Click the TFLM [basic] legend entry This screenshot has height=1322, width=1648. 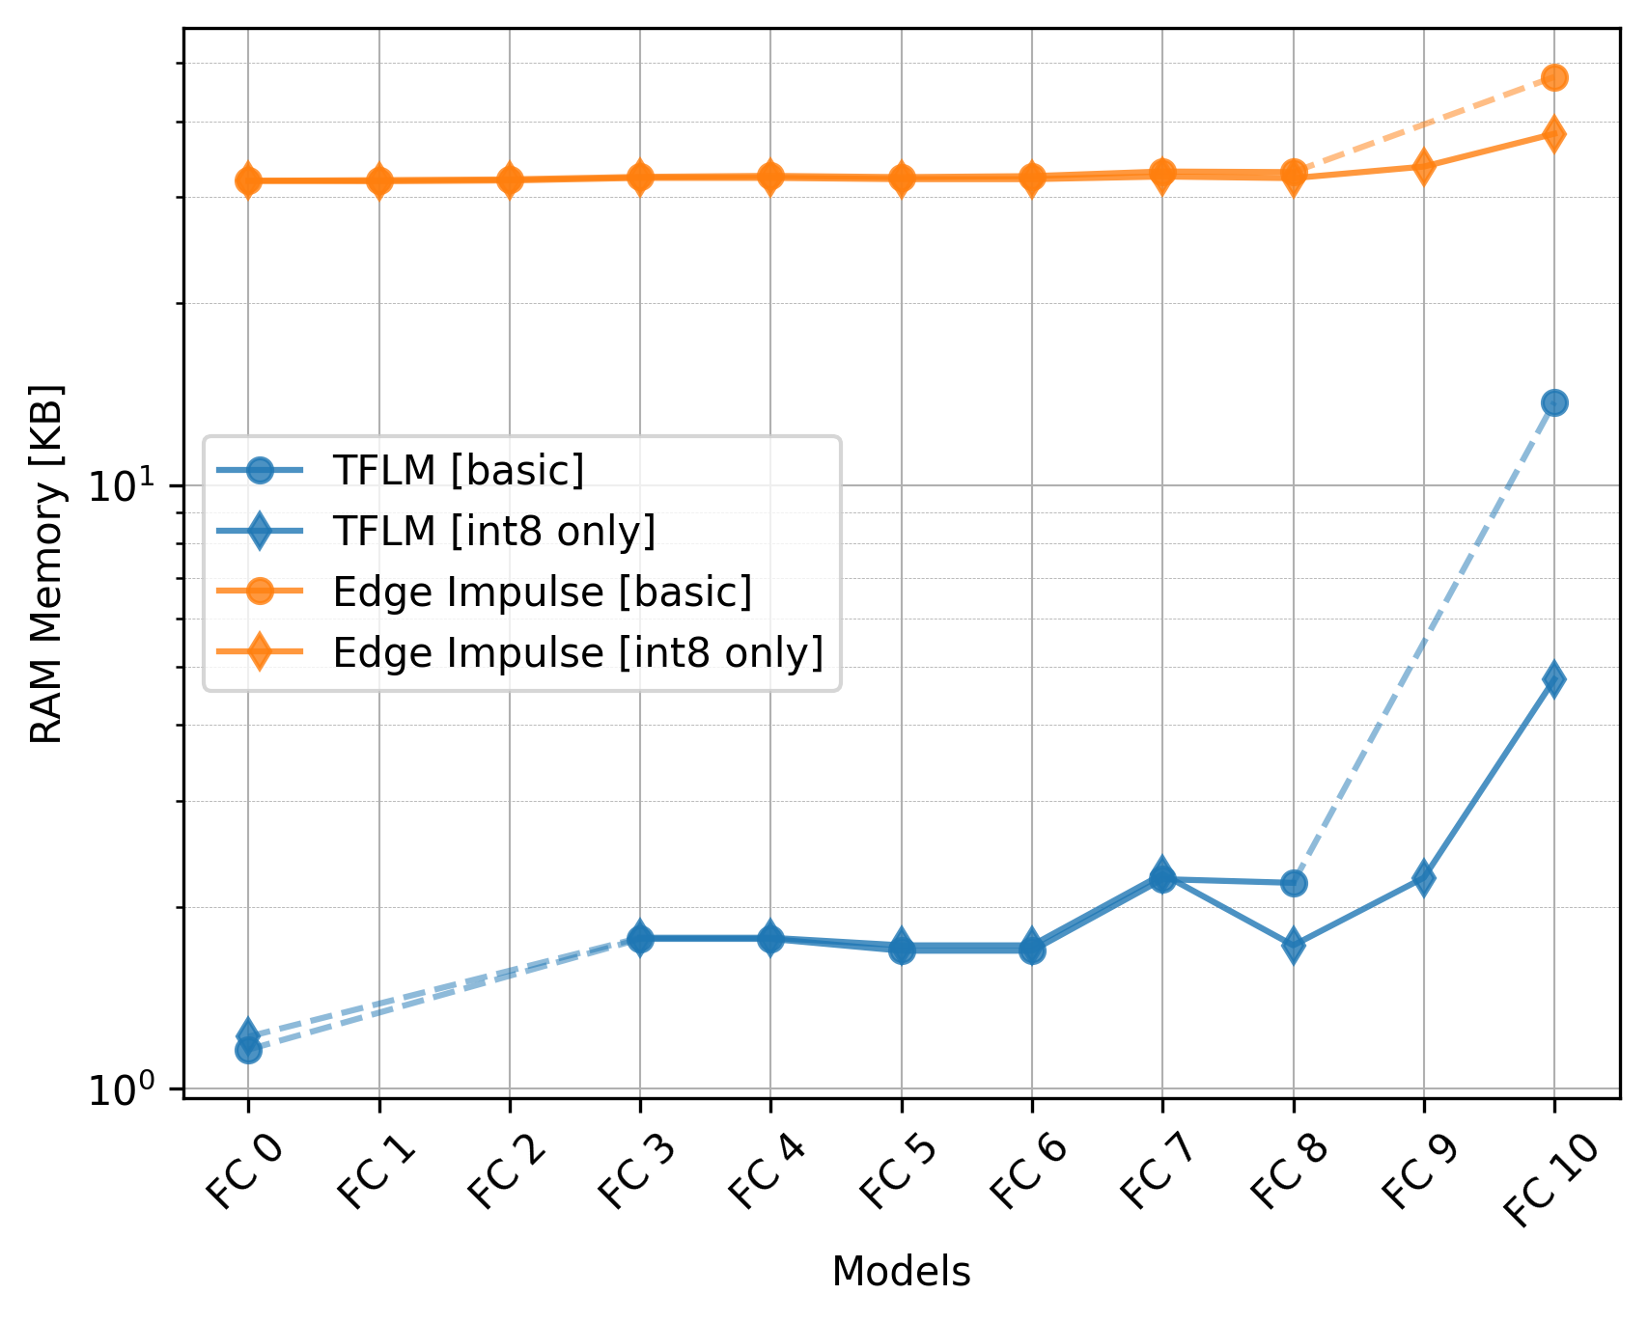459,470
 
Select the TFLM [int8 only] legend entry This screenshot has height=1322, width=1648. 493,531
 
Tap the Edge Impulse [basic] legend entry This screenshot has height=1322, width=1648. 542,592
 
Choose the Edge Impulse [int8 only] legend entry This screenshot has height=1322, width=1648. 577,653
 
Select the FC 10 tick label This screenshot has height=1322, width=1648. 1549,1178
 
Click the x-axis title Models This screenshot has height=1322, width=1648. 901,1273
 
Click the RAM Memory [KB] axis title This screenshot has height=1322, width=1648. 46,565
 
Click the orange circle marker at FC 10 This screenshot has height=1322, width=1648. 1554,77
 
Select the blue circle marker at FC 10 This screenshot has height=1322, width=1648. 1554,402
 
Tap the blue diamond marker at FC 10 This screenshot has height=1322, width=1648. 1554,678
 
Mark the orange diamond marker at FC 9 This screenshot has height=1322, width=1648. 1423,166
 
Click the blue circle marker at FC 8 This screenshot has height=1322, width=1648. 1294,882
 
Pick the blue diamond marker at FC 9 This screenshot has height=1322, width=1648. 1423,878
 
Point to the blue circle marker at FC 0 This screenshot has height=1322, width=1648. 248,1050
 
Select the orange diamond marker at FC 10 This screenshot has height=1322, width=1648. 1554,134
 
